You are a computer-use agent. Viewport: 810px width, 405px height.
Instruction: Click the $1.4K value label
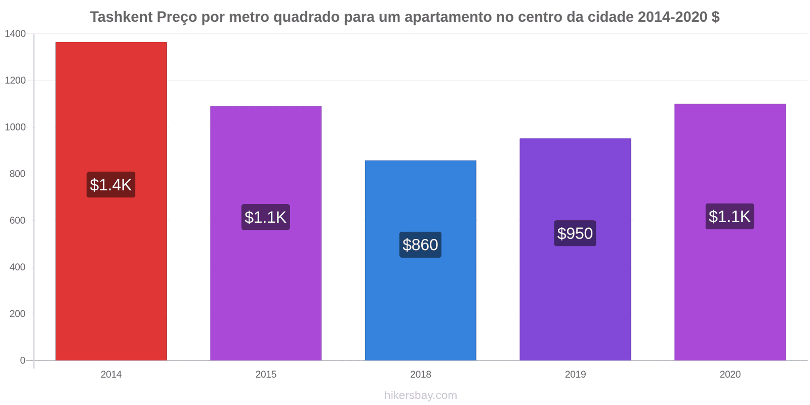111,185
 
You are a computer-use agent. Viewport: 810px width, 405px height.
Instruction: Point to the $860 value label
420,245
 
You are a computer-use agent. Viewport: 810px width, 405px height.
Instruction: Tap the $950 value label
575,233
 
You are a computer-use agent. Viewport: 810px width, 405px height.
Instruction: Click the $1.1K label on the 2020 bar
730,217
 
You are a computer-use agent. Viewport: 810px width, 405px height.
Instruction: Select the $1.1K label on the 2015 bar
266,217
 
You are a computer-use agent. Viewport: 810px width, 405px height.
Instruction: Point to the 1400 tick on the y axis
15,34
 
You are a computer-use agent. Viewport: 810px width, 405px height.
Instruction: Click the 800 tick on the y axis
17,174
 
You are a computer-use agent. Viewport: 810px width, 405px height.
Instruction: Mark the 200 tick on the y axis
17,314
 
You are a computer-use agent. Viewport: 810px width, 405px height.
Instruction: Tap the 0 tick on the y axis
22,360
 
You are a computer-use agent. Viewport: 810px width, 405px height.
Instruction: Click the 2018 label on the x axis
420,375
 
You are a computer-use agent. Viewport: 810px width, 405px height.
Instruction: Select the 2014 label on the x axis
111,375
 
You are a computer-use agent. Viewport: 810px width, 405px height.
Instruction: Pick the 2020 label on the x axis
730,375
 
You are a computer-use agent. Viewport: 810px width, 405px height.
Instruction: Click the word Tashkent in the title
121,17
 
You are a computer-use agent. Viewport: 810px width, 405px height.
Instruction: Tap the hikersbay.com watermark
420,395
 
